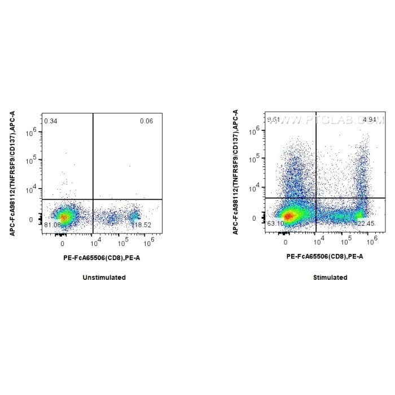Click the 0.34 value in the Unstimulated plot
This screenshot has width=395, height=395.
51,121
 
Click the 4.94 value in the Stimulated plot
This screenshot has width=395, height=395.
370,120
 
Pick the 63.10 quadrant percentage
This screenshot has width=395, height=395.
276,224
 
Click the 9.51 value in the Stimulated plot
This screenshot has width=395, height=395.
274,120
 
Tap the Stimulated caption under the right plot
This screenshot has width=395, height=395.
330,278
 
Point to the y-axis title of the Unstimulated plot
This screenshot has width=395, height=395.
12,173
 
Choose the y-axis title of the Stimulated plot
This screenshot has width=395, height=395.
235,173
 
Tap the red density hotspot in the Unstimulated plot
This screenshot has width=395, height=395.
64,217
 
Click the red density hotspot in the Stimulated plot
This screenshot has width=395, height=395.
288,216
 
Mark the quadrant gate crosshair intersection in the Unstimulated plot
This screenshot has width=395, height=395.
93,199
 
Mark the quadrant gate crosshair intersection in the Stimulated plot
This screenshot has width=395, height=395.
316,198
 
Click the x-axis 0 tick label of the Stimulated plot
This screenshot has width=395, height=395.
286,242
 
